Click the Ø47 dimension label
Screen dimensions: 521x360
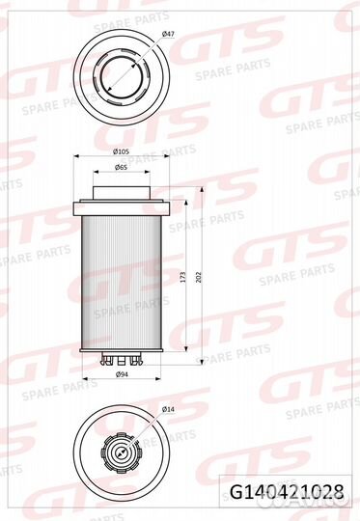168,34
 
